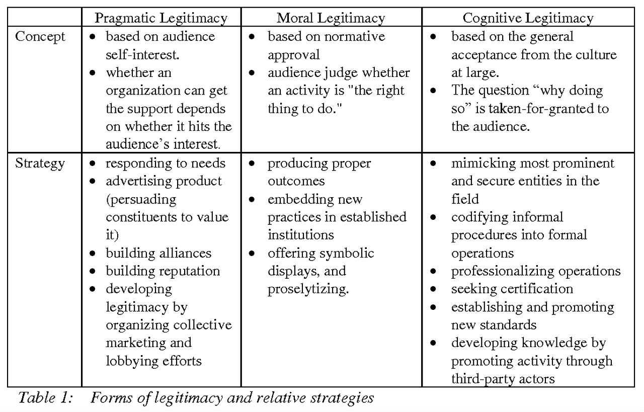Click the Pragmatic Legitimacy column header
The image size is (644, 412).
pyautogui.click(x=161, y=19)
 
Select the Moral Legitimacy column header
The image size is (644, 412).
pyautogui.click(x=331, y=19)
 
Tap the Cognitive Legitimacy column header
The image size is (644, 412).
pyautogui.click(x=528, y=19)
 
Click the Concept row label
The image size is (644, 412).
pyautogui.click(x=40, y=37)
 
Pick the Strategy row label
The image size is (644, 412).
pyautogui.click(x=40, y=163)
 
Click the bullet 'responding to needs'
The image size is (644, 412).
pyautogui.click(x=166, y=163)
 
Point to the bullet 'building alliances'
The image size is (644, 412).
pyautogui.click(x=158, y=253)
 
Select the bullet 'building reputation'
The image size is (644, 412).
pyautogui.click(x=163, y=271)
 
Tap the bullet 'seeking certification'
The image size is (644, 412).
pyautogui.click(x=512, y=289)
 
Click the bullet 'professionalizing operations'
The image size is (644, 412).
pyautogui.click(x=535, y=271)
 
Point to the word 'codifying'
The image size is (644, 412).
pyautogui.click(x=479, y=217)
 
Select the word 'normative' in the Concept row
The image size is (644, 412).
pyautogui.click(x=354, y=37)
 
